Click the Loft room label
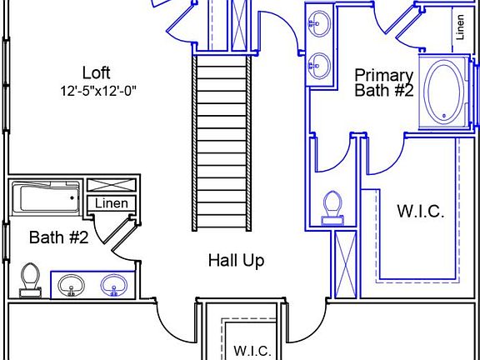pyautogui.click(x=97, y=72)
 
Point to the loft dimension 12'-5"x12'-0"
pyautogui.click(x=98, y=91)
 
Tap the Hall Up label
pyautogui.click(x=237, y=261)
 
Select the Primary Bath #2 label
pyautogui.click(x=384, y=82)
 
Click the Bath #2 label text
pyautogui.click(x=59, y=237)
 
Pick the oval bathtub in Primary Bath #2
pyautogui.click(x=443, y=92)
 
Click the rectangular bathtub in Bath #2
pyautogui.click(x=46, y=197)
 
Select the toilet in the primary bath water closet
pyautogui.click(x=332, y=207)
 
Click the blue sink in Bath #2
pyautogui.click(x=113, y=285)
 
